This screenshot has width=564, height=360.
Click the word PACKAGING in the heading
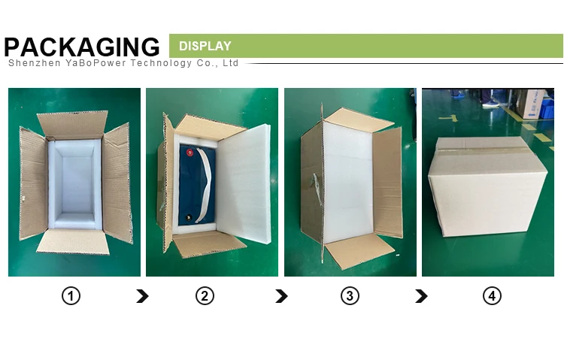(82, 47)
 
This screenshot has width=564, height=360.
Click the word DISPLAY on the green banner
(205, 46)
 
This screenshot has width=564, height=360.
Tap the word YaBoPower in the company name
(96, 63)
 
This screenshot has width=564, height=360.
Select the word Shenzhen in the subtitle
(34, 63)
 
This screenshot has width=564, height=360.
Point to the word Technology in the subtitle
(161, 63)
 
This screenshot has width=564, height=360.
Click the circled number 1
(71, 296)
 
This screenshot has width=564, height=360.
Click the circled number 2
(205, 296)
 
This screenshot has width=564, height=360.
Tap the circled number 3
(350, 296)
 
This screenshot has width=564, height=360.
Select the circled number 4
(492, 296)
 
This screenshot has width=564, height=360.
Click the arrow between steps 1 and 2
(142, 296)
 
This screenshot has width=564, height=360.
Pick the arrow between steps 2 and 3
(282, 296)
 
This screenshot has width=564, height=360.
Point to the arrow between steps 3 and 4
(422, 296)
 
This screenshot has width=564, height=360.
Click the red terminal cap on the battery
(190, 153)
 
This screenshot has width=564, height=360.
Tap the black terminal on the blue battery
(188, 217)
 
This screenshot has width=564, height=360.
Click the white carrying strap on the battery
(205, 184)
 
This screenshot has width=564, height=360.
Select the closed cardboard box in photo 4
(487, 186)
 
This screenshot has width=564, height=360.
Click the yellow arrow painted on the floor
(448, 118)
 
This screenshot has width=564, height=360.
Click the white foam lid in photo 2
(244, 183)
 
